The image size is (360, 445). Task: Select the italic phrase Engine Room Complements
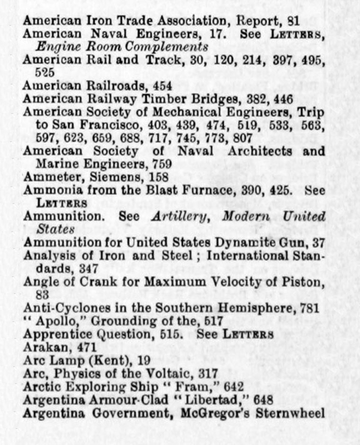tap(122, 47)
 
